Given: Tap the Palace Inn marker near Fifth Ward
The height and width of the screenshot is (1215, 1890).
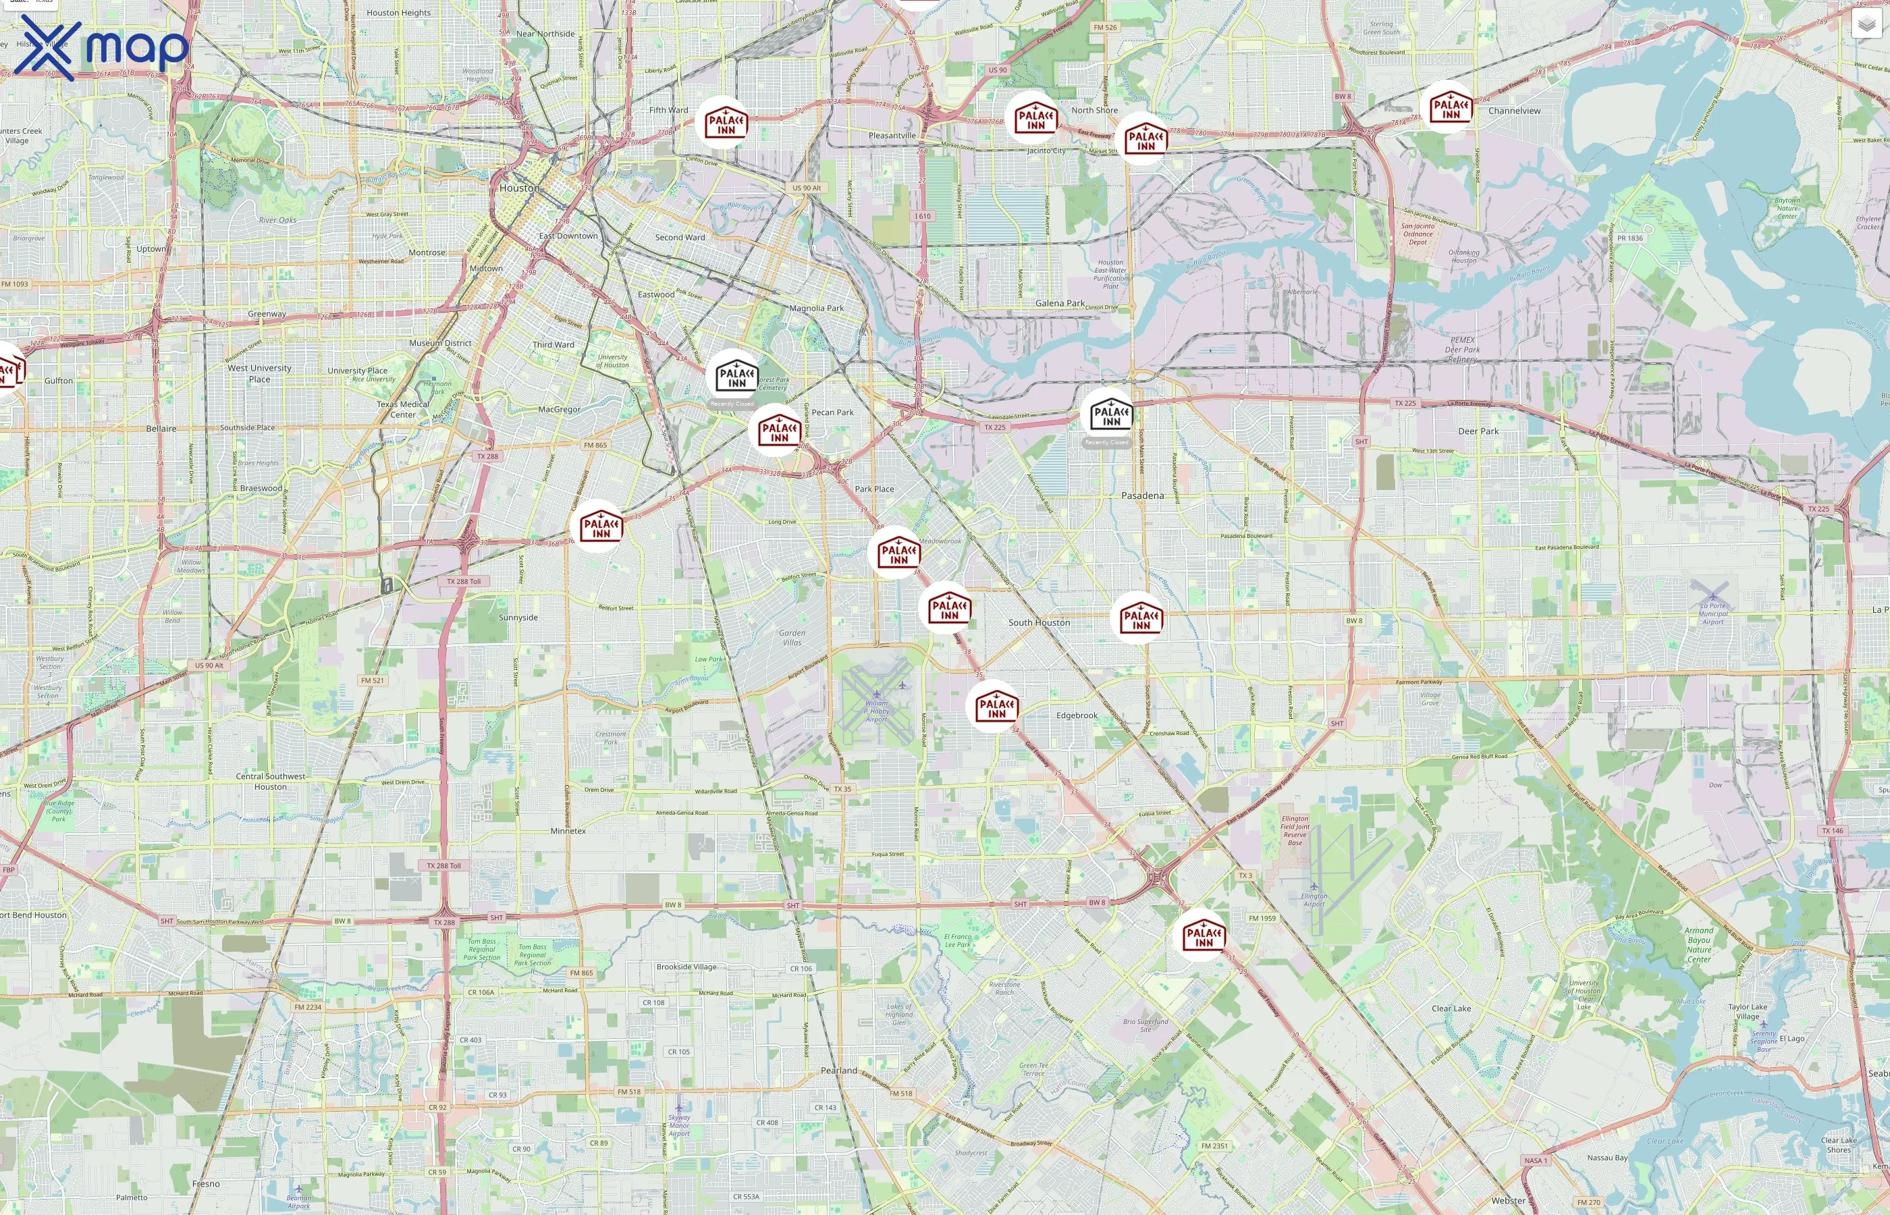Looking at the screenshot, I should coord(725,123).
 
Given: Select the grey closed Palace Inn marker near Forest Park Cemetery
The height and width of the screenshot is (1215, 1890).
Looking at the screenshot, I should coord(736,377).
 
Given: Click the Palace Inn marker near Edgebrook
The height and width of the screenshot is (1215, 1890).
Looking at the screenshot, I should coord(996,707).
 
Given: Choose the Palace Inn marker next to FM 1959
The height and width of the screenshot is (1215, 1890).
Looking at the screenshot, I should coord(1203,936).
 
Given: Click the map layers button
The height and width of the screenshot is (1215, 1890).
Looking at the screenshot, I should coord(1866,24).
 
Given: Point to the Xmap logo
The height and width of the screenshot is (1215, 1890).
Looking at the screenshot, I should coord(103,47).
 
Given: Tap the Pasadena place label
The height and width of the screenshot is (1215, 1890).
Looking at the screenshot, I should coord(1142,495).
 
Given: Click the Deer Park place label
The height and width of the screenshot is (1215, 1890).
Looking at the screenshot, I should coord(1478,431).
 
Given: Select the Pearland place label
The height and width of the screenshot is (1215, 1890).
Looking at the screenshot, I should coord(838,1071).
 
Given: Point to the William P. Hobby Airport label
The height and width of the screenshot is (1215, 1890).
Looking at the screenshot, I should coord(876,711).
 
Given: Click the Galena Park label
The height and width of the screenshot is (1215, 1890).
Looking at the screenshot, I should coord(1059,303).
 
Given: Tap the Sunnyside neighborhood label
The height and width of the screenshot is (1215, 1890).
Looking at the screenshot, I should coord(518,618).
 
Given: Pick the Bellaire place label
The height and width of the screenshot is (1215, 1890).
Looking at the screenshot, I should coord(161,429).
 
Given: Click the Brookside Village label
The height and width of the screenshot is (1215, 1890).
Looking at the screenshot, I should coord(686,967).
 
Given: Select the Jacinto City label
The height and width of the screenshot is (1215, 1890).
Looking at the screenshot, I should coord(1046,151).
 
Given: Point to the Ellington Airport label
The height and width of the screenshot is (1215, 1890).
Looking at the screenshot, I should coord(1314,899).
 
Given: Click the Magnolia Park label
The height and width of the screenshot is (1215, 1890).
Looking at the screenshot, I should coord(817,308).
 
